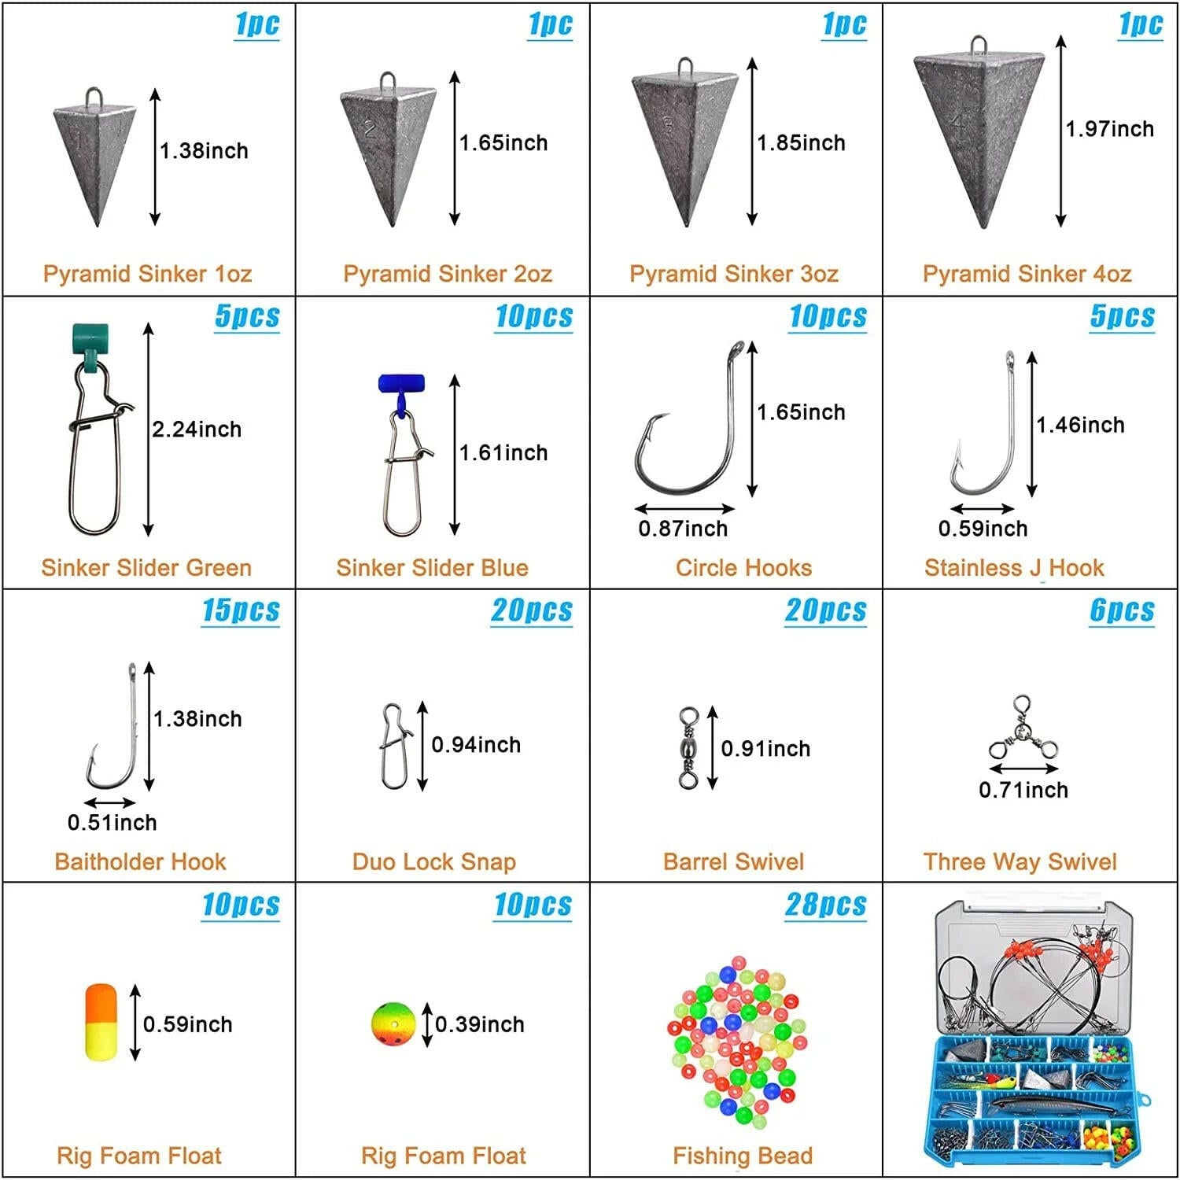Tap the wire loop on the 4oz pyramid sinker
pyautogui.click(x=978, y=44)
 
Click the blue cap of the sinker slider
pyautogui.click(x=401, y=383)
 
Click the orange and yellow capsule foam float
pyautogui.click(x=101, y=1022)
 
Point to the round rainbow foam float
pyautogui.click(x=393, y=1024)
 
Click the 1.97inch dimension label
pyautogui.click(x=1109, y=129)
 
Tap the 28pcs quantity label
pyautogui.click(x=825, y=905)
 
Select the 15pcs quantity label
pyautogui.click(x=241, y=610)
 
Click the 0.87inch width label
pyautogui.click(x=683, y=529)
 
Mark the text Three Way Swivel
pyautogui.click(x=1020, y=861)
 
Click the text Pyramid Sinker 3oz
pyautogui.click(x=733, y=274)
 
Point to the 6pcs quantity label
pyautogui.click(x=1122, y=610)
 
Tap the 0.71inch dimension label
pyautogui.click(x=1023, y=790)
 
